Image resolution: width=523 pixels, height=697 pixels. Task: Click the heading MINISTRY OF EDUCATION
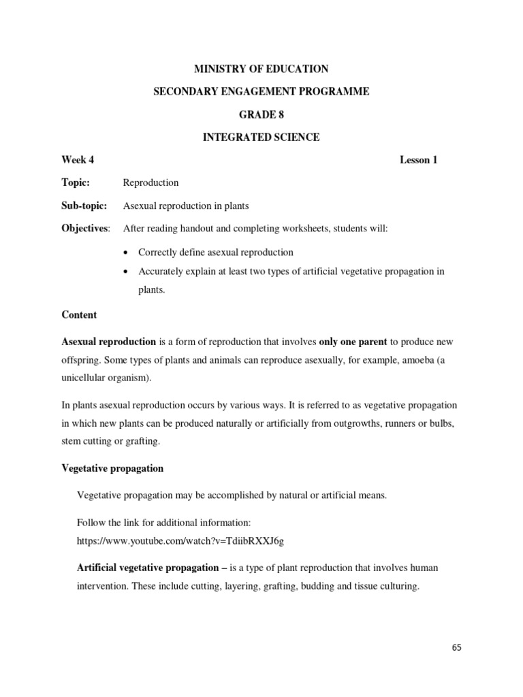coord(261,69)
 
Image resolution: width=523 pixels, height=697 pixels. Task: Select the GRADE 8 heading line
coord(261,114)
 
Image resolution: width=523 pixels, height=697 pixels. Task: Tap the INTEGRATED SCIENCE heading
coord(261,137)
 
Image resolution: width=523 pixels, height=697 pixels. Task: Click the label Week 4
coord(78,160)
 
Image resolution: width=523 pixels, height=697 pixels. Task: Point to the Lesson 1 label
coord(418,160)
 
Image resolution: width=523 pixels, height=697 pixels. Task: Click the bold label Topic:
coord(76,182)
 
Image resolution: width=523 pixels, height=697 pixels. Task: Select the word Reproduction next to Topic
coord(150,182)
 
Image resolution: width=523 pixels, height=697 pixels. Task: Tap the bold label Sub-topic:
coord(84,206)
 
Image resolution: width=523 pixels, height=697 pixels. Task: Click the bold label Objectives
coord(85,229)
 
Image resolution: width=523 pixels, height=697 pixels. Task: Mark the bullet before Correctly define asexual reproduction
coord(127,253)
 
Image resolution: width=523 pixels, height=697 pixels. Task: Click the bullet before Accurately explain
coord(127,272)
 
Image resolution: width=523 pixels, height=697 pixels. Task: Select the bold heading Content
coord(79,315)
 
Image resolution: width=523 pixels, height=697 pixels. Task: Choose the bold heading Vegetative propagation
coord(112,469)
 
